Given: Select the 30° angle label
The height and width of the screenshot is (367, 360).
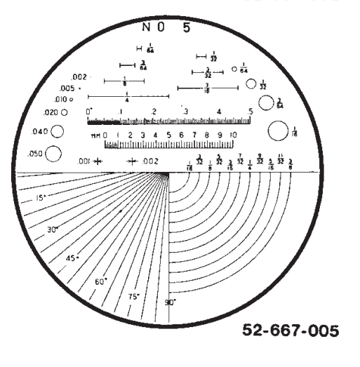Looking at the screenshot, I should (52, 230).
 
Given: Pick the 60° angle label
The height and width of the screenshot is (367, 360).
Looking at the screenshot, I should (100, 281).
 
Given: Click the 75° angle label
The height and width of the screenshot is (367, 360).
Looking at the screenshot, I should (133, 295).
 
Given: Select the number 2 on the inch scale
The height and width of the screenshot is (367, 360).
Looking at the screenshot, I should (154, 112).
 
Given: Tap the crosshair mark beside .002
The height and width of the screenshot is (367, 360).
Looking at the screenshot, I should (133, 161).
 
